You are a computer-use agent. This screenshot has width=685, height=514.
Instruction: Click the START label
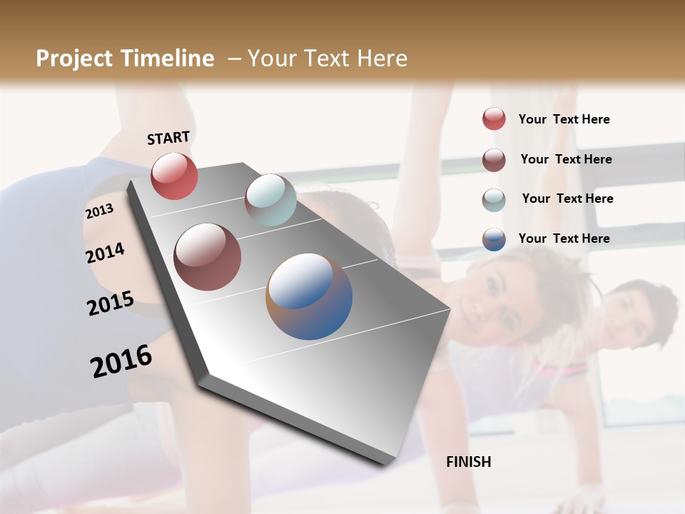168,138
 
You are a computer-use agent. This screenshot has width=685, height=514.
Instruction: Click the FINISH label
468,462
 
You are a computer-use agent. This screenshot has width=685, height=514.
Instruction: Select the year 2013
99,211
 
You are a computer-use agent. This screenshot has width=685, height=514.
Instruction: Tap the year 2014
105,253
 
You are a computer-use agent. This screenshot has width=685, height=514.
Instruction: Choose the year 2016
121,361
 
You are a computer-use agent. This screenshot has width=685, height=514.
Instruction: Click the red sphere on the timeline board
174,176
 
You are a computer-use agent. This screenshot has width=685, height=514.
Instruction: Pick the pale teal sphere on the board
270,199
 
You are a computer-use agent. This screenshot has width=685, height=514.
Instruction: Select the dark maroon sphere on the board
207,257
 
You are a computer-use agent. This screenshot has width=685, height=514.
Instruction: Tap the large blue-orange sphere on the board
309,296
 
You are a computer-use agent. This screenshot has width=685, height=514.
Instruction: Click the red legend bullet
494,119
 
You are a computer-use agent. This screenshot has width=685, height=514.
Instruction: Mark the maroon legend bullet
494,160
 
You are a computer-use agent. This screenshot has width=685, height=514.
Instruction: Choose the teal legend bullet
494,200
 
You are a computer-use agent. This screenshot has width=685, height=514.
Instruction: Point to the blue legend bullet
494,239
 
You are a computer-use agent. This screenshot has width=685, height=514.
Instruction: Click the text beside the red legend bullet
564,120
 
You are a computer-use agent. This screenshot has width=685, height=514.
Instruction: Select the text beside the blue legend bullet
564,238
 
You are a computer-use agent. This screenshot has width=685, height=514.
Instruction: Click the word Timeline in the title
167,59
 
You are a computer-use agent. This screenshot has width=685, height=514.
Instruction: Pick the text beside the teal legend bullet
567,198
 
